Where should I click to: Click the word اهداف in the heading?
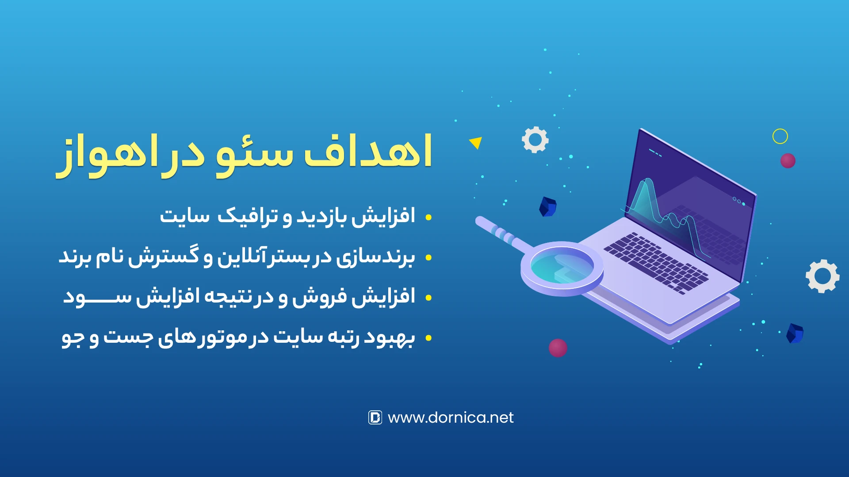[x=368, y=151]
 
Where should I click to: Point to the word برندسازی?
[x=375, y=257]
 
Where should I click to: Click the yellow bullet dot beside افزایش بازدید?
[x=428, y=217]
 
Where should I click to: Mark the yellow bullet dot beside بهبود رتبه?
[x=428, y=338]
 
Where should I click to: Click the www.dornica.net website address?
[x=451, y=417]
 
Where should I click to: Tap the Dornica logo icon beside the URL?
[x=375, y=417]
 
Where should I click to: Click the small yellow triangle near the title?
[x=476, y=143]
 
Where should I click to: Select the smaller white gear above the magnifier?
[x=535, y=140]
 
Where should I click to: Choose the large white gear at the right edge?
[x=822, y=276]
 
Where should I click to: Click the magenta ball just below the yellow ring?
[x=788, y=161]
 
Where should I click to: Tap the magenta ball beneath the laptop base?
[x=558, y=348]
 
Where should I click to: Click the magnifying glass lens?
[x=562, y=267]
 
